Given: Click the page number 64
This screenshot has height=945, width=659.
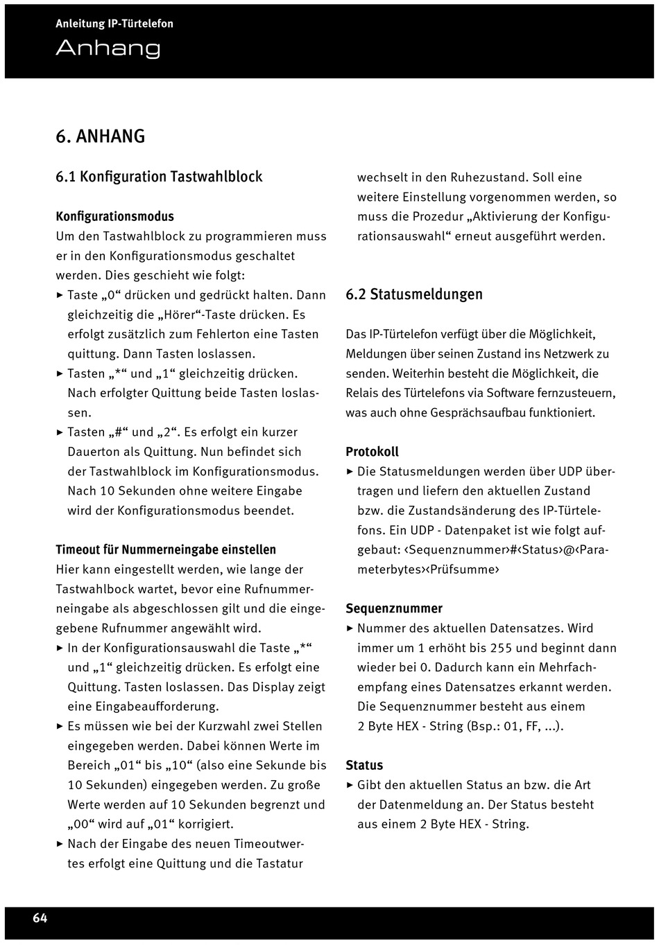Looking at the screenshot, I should point(40,918).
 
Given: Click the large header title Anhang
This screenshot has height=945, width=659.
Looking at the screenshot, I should point(108,48).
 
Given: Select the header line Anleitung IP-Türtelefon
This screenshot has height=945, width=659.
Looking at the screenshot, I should point(114,24).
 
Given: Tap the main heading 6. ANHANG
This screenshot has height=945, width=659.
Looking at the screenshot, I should point(101,136).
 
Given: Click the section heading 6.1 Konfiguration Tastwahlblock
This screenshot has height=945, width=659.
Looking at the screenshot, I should point(159,177).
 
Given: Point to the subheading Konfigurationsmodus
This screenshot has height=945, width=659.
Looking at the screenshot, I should point(114,216).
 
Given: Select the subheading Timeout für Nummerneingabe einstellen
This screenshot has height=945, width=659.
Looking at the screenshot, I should point(166,549).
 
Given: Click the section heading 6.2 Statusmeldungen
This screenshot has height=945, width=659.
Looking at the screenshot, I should point(414,294).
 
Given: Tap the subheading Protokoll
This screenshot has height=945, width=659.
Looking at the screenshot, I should point(372,452).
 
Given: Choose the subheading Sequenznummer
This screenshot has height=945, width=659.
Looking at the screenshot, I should point(394,608).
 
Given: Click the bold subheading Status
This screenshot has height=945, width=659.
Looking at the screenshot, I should point(364,766).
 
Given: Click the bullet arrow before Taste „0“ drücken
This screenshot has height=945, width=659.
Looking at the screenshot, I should point(60,295).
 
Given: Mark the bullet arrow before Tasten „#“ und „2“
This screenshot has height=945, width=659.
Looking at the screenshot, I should point(60,432).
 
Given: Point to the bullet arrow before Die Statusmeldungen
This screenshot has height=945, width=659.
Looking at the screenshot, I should point(350,472).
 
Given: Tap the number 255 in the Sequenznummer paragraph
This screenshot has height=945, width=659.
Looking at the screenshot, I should point(501,648).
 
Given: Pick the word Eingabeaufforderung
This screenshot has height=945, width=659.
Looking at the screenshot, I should point(143,707).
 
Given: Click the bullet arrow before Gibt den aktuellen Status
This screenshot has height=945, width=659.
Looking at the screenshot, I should point(350,786).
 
